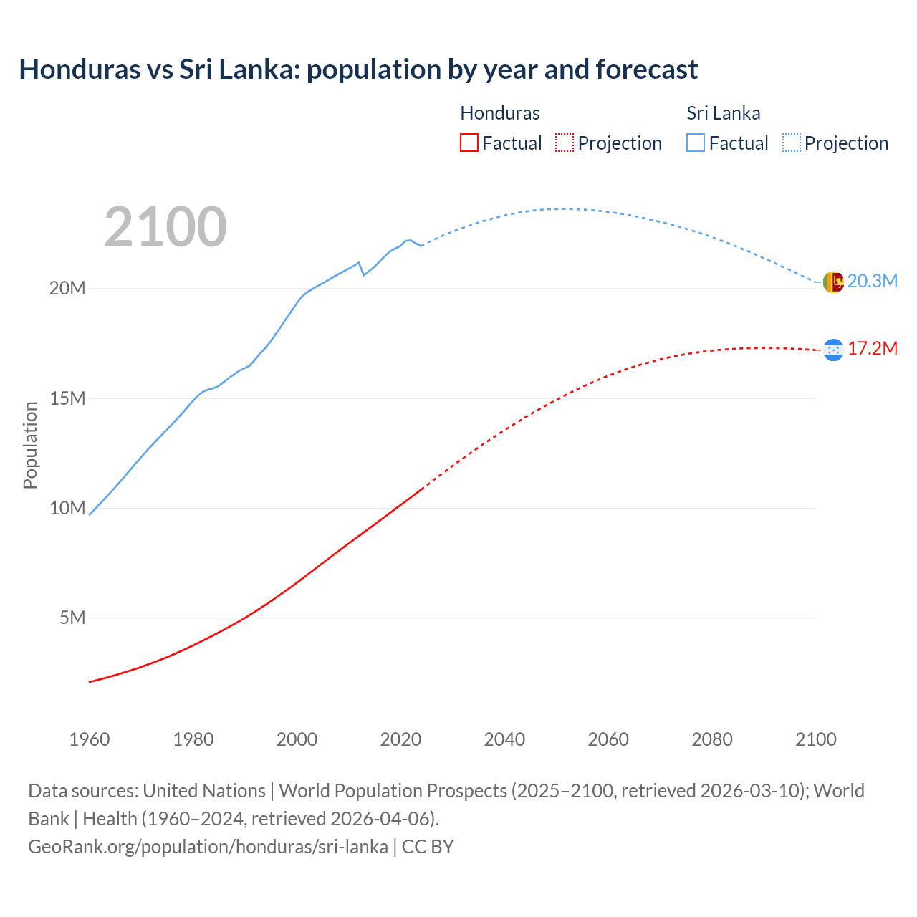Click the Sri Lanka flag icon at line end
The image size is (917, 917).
tap(832, 282)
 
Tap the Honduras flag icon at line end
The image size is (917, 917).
tap(832, 350)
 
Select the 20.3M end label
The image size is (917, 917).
tap(872, 281)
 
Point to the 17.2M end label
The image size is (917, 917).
tap(872, 348)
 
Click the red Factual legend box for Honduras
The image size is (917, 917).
tap(469, 143)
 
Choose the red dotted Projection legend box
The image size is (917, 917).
tap(564, 143)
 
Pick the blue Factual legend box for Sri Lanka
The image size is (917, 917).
tap(695, 143)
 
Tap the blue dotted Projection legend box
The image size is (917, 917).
tap(791, 143)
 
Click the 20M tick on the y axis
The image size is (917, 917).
tap(67, 288)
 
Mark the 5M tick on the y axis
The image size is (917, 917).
tap(72, 618)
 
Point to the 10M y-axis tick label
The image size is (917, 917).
tap(67, 508)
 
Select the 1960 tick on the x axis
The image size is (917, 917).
tap(90, 739)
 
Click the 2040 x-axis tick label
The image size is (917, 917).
tap(504, 739)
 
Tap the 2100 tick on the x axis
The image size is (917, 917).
tap(815, 739)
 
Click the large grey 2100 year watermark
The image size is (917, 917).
tap(165, 227)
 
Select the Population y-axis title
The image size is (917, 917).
tap(30, 445)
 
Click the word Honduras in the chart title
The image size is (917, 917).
tap(80, 69)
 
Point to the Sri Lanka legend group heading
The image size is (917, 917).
tap(723, 113)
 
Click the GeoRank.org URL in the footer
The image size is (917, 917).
tap(208, 846)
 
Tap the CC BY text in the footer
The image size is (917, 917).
tap(428, 846)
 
